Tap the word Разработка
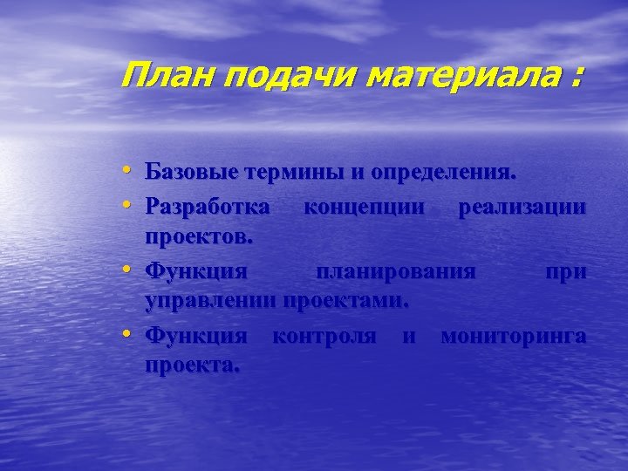[x=208, y=208]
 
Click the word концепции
[x=365, y=208]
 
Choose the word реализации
[x=522, y=208]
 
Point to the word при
[x=565, y=273]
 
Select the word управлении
[x=208, y=302]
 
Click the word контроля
[x=324, y=336]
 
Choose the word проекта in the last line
[x=191, y=365]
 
